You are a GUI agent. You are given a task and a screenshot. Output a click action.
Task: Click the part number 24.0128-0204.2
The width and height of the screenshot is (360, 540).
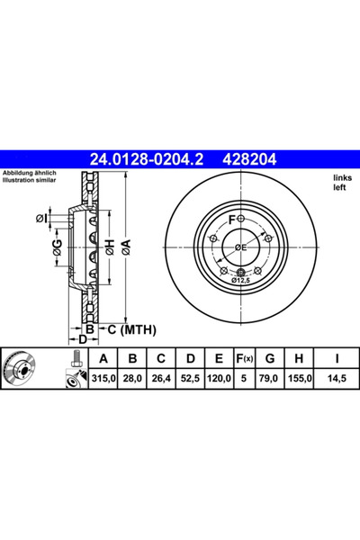click(x=147, y=159)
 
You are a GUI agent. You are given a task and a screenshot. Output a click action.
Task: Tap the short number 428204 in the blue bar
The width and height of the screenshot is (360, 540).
click(x=250, y=159)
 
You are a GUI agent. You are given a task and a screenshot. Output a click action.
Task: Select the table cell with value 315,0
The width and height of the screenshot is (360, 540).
click(x=103, y=379)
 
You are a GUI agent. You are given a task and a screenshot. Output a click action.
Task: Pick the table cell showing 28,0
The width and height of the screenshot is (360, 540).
click(x=132, y=379)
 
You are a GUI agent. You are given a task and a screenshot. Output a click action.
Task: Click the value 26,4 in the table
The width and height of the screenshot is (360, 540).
click(x=161, y=379)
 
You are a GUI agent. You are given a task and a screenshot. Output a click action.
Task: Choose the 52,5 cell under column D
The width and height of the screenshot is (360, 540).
click(x=190, y=379)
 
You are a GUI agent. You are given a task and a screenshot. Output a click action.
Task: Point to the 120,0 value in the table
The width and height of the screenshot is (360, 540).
click(x=219, y=379)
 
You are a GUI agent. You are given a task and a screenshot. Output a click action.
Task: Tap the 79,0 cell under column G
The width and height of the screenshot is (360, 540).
click(x=269, y=379)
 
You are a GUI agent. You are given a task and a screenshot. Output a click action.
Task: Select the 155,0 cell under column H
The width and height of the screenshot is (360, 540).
click(x=300, y=379)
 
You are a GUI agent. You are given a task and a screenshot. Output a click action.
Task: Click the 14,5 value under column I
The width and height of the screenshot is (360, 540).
click(x=337, y=379)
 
